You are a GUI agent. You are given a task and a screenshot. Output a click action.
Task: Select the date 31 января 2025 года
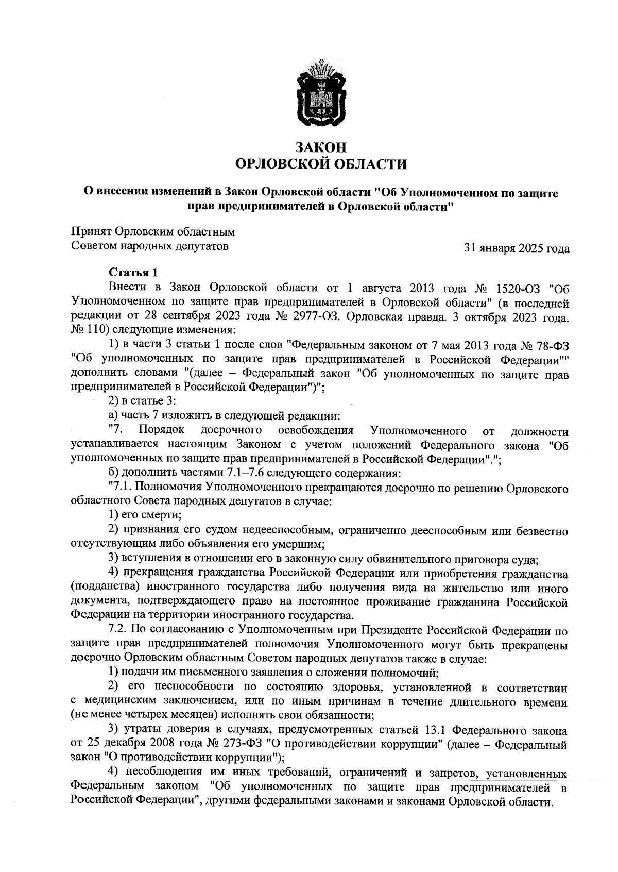point(517,249)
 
